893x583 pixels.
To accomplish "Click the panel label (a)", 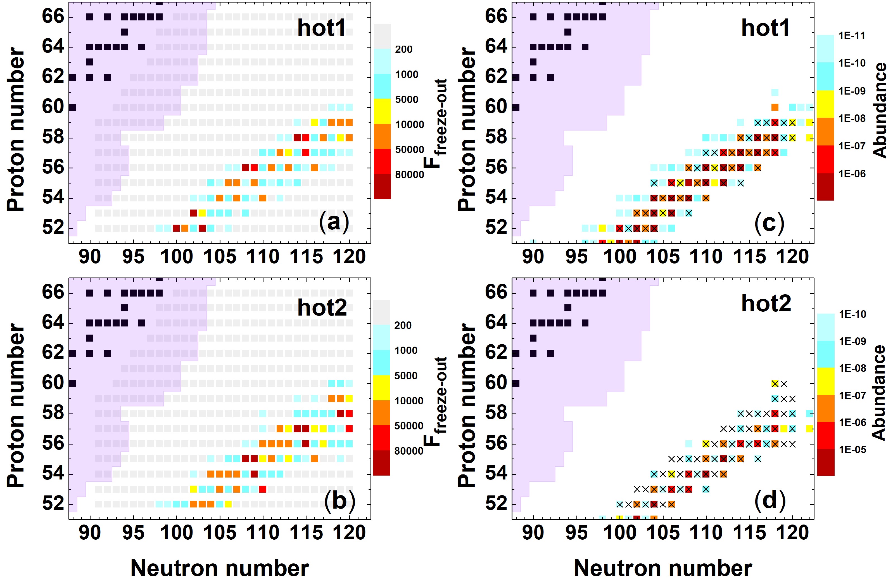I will [334, 222].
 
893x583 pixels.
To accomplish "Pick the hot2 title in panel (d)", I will [766, 304].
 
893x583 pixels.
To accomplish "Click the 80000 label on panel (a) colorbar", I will [410, 175].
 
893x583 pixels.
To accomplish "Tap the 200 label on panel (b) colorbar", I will [403, 325].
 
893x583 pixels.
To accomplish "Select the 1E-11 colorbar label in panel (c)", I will [852, 36].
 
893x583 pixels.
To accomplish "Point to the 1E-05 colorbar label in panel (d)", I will [852, 450].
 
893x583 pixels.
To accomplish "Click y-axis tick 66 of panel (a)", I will [53, 17].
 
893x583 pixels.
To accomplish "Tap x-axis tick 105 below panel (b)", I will [220, 533].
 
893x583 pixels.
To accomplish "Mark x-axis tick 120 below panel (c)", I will [792, 257].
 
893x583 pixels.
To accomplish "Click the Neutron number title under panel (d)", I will [662, 568].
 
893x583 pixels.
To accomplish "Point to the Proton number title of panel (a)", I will [16, 130].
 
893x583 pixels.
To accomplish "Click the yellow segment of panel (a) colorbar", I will [382, 111].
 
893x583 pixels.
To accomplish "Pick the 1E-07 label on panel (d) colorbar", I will [852, 396].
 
